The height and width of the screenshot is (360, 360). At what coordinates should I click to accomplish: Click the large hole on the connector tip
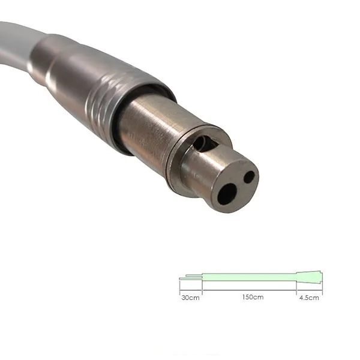(227, 193)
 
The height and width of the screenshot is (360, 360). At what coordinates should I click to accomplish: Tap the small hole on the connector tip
(249, 177)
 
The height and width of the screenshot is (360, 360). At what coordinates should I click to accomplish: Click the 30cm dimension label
(190, 298)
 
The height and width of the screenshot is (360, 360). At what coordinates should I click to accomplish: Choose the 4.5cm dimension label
(309, 298)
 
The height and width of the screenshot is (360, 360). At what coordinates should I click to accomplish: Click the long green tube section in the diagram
(249, 277)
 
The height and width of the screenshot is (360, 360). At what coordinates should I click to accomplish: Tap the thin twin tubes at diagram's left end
(191, 278)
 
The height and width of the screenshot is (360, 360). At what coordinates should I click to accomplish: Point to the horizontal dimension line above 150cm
(249, 291)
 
